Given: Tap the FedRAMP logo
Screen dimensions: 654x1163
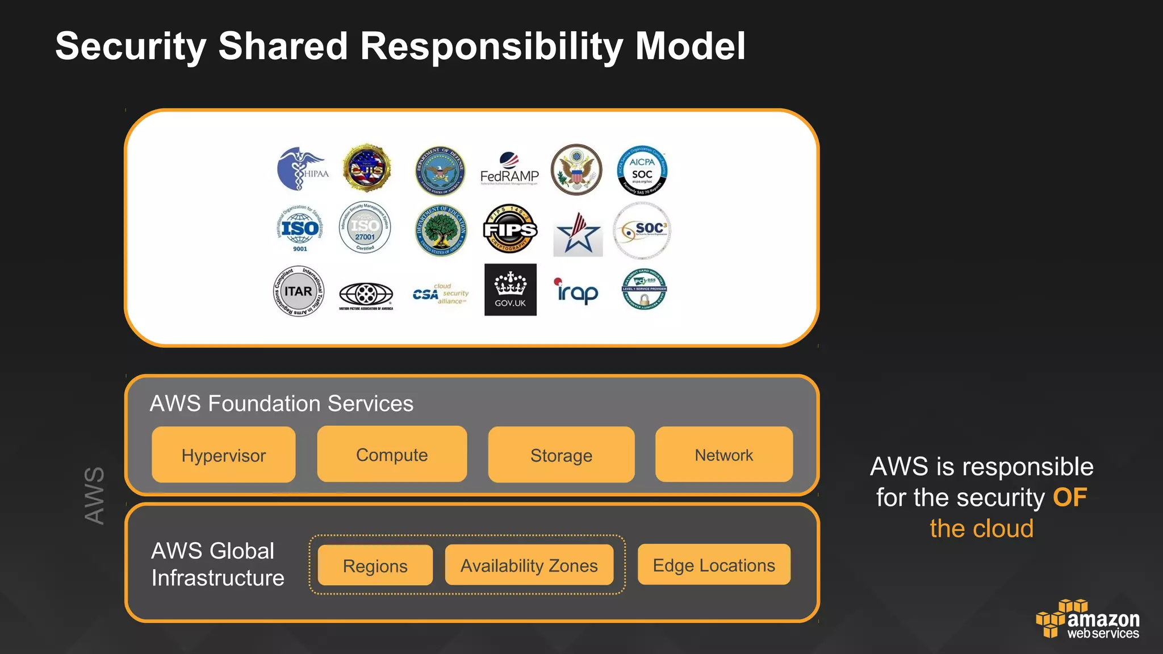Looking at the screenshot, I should coord(509,169).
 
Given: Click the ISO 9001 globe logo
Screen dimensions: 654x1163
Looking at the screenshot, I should coord(300,229).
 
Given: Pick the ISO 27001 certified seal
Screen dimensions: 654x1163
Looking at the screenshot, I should coord(365,228).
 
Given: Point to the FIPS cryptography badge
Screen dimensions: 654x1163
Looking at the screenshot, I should coord(510,229).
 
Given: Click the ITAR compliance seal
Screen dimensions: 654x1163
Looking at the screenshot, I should coord(299,291).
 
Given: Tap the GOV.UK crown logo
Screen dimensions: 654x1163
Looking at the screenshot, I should coord(510,290).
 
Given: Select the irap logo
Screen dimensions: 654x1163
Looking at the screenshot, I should coord(576,291).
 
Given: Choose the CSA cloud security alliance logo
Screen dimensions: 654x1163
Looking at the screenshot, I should coord(441,294).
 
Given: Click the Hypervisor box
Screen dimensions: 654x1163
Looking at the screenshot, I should coord(224,455).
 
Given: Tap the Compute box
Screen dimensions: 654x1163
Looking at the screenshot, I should coord(392,454).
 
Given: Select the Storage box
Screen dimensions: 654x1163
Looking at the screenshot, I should coord(561,455).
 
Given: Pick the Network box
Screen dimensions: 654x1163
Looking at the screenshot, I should coord(724,454).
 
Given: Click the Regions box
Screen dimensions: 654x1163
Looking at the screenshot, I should coord(375,565).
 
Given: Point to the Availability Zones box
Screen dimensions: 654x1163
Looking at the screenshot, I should coord(529,565).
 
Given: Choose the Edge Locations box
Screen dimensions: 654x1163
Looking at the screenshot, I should coord(714,565).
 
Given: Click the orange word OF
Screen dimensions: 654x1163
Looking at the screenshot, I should coord(1070,497).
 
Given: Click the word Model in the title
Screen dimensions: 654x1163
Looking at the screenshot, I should coord(690,46).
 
